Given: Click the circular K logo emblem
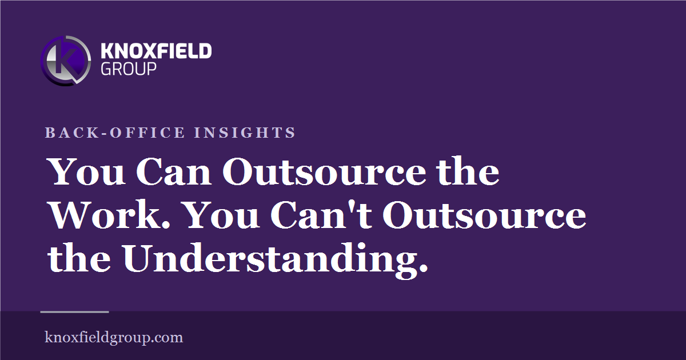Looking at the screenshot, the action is [x=66, y=61].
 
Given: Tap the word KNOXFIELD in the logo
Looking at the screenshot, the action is [x=156, y=51].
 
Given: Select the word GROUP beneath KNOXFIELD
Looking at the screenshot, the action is [x=129, y=69].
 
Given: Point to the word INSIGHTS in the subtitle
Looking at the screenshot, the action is [x=245, y=133].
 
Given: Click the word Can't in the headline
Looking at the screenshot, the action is [x=321, y=215].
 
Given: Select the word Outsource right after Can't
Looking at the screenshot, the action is [x=485, y=215].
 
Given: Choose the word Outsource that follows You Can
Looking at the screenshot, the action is [x=324, y=172].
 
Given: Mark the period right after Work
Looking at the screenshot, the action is [x=166, y=225].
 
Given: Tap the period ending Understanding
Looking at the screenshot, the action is [x=423, y=268].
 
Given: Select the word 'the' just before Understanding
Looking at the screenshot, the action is [x=79, y=258].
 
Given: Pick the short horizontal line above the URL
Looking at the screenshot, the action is [x=75, y=312].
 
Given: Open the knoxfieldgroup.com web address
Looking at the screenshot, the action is [x=114, y=337].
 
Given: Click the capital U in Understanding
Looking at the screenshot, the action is [x=138, y=258].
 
